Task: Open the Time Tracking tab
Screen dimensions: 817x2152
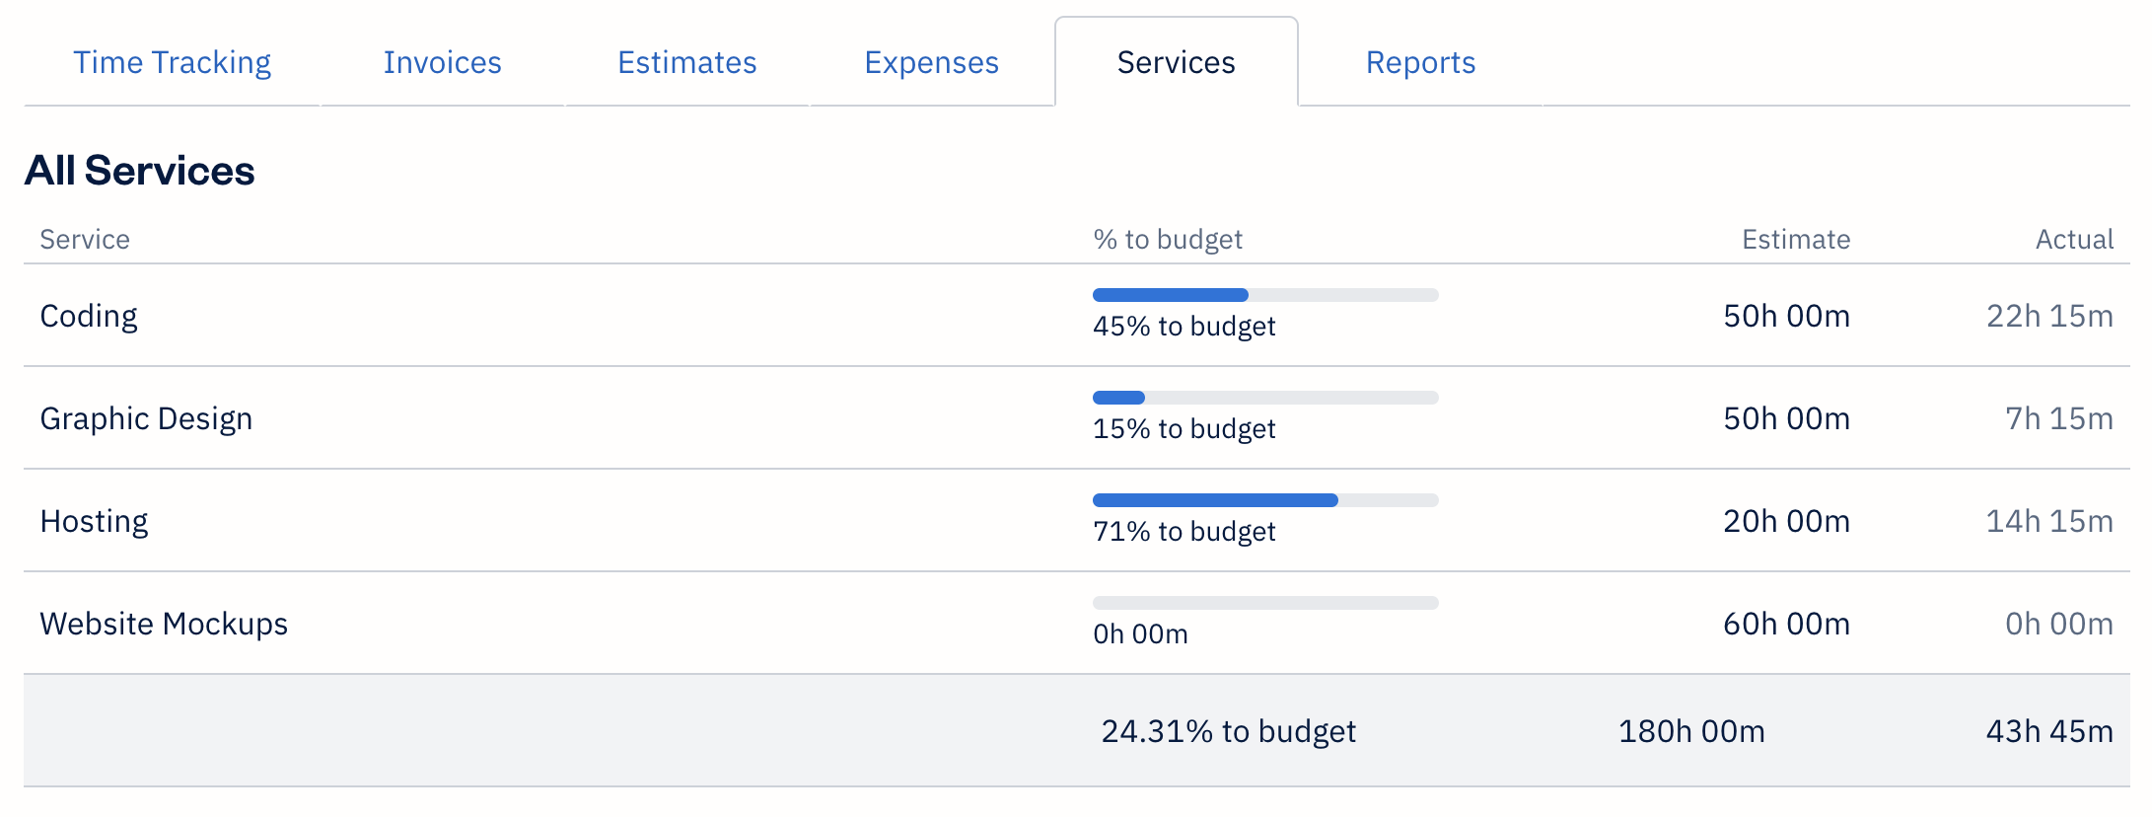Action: tap(172, 62)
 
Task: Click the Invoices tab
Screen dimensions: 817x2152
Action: tap(442, 62)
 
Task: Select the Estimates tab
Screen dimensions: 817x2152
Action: tap(686, 62)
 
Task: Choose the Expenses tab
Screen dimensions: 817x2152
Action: tap(931, 62)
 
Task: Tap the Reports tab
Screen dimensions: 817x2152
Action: tap(1420, 62)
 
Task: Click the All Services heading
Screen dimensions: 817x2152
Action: tap(139, 171)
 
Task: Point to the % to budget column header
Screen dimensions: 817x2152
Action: tap(1167, 239)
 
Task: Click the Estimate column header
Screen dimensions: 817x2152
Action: tap(1795, 239)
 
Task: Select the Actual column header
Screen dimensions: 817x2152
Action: tap(2074, 239)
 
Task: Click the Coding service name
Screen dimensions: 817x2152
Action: tap(89, 316)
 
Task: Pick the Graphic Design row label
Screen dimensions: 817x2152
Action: tap(146, 418)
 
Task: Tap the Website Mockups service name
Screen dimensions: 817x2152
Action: tap(164, 624)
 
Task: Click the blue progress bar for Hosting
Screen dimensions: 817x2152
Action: tap(1214, 500)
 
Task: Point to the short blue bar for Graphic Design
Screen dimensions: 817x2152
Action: tap(1118, 398)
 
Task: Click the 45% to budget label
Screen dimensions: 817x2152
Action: tap(1184, 327)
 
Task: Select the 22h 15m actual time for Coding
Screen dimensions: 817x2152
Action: tap(2048, 316)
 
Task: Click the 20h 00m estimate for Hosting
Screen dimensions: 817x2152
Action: tap(1785, 521)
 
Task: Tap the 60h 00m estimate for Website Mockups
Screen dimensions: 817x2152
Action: tap(1785, 624)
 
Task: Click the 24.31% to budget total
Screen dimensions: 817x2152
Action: tap(1228, 731)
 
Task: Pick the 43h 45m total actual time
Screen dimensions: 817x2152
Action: tap(2048, 731)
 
